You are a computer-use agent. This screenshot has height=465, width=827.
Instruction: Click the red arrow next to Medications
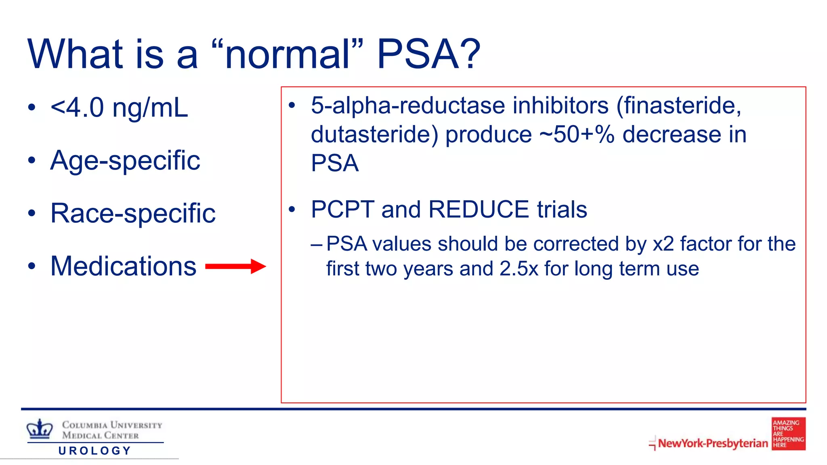coord(235,266)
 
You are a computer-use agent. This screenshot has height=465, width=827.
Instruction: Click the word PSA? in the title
coord(428,54)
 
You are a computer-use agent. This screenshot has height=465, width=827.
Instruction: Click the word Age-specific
coord(125,161)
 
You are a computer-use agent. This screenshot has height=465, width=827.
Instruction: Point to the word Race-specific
coord(133,213)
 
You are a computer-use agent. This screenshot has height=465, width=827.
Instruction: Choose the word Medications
coord(123,266)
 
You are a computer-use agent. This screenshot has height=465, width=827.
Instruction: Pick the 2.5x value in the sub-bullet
coord(518,269)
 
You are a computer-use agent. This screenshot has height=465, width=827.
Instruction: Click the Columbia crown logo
coord(40,429)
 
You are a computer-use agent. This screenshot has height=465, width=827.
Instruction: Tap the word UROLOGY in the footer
coord(95,451)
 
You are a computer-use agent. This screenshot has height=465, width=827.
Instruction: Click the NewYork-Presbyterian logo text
coord(713,443)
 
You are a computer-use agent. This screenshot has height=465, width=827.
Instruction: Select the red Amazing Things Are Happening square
coord(788,434)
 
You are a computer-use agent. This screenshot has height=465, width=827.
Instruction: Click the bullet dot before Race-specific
coord(32,214)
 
